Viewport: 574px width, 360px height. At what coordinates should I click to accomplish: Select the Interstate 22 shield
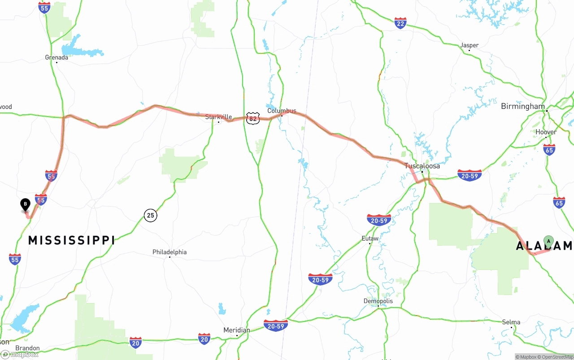tap(400, 23)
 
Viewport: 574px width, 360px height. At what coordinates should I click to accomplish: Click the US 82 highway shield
tap(253, 118)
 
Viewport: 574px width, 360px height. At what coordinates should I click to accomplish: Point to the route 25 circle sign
tap(151, 216)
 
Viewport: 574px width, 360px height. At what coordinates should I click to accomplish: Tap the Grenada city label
tap(57, 57)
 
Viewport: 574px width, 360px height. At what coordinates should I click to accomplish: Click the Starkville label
tap(218, 117)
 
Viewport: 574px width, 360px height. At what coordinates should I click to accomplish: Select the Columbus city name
tap(282, 111)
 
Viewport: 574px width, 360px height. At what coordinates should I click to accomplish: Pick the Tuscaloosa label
tap(422, 166)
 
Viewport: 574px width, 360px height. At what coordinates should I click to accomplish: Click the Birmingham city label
tap(522, 106)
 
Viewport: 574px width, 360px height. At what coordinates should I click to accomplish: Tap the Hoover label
tap(546, 132)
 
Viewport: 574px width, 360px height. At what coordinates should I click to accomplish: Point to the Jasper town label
tap(469, 45)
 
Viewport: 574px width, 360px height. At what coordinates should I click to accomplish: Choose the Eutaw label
tap(370, 239)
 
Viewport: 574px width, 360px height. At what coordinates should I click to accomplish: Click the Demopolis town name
tap(378, 301)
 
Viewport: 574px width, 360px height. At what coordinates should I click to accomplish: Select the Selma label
tap(511, 322)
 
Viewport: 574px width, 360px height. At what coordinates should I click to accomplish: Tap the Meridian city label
tap(237, 330)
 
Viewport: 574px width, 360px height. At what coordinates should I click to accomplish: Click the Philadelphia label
tap(170, 252)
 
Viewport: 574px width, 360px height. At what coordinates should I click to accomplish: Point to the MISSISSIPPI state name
tap(71, 240)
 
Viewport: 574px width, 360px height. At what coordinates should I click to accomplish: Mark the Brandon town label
tap(27, 348)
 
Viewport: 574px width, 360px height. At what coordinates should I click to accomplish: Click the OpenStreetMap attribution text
tap(557, 357)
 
